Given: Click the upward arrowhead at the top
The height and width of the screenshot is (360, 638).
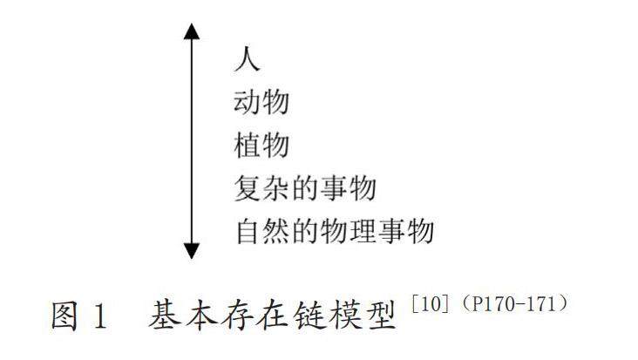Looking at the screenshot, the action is coord(193,32).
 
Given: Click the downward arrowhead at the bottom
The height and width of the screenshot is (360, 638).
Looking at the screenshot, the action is coord(193,250).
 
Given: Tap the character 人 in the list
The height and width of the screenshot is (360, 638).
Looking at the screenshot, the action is coord(248,60).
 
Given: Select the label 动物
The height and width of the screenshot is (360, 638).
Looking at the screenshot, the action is coord(261,103).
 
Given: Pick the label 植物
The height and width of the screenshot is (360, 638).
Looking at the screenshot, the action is coord(261,146).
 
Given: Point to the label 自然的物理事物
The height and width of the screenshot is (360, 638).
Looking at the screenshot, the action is coord(334,232).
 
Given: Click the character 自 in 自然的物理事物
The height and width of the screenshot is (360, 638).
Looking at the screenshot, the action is coord(248,232).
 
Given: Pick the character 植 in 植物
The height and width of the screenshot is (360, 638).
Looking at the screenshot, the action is coord(248,146).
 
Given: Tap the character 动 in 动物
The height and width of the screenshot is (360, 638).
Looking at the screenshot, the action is coord(248,103).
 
